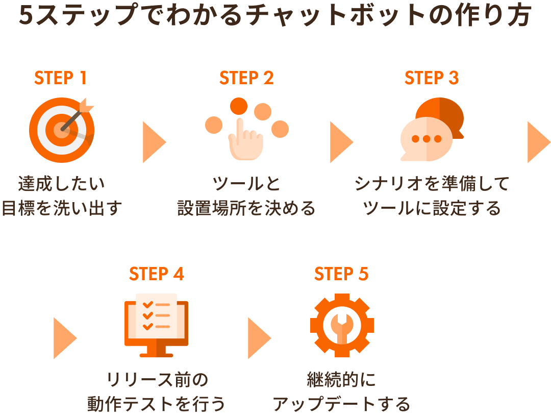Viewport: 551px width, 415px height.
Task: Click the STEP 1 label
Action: click(x=60, y=78)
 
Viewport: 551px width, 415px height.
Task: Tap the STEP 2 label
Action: click(x=246, y=78)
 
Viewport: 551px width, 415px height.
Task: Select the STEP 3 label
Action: click(x=432, y=78)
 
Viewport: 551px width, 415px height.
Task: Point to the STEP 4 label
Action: click(x=156, y=274)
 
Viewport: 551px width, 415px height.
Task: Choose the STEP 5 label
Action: click(x=341, y=274)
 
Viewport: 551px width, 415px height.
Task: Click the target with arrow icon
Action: click(x=62, y=130)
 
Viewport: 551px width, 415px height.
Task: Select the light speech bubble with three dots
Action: click(x=427, y=139)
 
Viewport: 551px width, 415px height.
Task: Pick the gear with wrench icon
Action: click(x=342, y=325)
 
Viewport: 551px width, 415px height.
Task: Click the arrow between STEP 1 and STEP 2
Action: click(x=153, y=142)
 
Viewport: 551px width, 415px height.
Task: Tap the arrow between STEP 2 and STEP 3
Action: click(x=340, y=142)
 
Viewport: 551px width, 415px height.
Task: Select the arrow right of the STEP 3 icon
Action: click(x=538, y=142)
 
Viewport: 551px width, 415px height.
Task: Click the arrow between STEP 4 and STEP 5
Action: click(x=258, y=338)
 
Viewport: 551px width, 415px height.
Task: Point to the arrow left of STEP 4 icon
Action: click(x=64, y=338)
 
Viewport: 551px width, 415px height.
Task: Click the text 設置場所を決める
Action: click(x=246, y=208)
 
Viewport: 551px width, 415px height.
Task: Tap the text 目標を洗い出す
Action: click(x=62, y=208)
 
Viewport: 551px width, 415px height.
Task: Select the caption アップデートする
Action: click(x=341, y=404)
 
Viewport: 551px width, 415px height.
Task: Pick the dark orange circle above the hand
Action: click(x=238, y=106)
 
